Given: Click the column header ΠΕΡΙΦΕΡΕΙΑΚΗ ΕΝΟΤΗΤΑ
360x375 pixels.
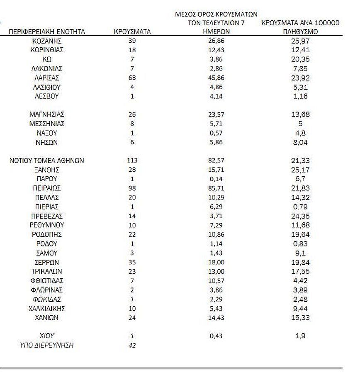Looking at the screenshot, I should pos(47,32).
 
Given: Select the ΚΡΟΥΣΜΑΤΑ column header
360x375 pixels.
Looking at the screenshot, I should pos(132,32).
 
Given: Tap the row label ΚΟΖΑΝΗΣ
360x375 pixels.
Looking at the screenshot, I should pos(47,41).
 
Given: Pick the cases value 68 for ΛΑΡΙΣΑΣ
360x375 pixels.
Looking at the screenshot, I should pos(132,78).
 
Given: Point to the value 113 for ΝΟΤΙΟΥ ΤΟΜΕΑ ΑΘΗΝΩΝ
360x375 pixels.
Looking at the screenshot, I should pos(132,161).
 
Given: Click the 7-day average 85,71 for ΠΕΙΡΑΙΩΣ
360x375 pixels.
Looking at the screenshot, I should pos(216,188).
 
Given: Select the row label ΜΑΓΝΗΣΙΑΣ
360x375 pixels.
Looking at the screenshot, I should pos(47,114).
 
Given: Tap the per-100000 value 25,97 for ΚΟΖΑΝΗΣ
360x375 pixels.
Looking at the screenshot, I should pos(300,41).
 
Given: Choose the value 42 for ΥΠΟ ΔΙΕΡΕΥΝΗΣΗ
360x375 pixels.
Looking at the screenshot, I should pos(132,345).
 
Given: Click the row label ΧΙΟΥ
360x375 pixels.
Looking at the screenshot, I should pos(47,336).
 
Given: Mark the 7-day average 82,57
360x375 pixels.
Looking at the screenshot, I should pos(216,161).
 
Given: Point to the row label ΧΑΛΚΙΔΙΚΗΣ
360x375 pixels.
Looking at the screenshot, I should pos(47,309).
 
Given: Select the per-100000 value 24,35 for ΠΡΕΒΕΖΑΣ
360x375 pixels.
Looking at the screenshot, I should pos(300,216).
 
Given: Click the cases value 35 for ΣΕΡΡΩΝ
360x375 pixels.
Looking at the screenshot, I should pos(132,262).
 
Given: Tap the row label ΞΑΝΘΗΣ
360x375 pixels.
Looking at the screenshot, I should pos(47,170).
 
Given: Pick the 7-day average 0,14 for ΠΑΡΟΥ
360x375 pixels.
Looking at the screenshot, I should pos(216,179).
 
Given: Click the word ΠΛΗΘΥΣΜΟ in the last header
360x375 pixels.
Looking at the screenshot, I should pos(300,32).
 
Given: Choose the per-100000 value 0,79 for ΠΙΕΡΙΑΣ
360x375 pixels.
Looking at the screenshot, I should pos(300,207).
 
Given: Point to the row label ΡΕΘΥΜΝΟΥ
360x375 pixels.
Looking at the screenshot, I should pos(47,225).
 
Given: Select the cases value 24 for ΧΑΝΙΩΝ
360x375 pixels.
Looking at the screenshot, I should pos(132,318).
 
